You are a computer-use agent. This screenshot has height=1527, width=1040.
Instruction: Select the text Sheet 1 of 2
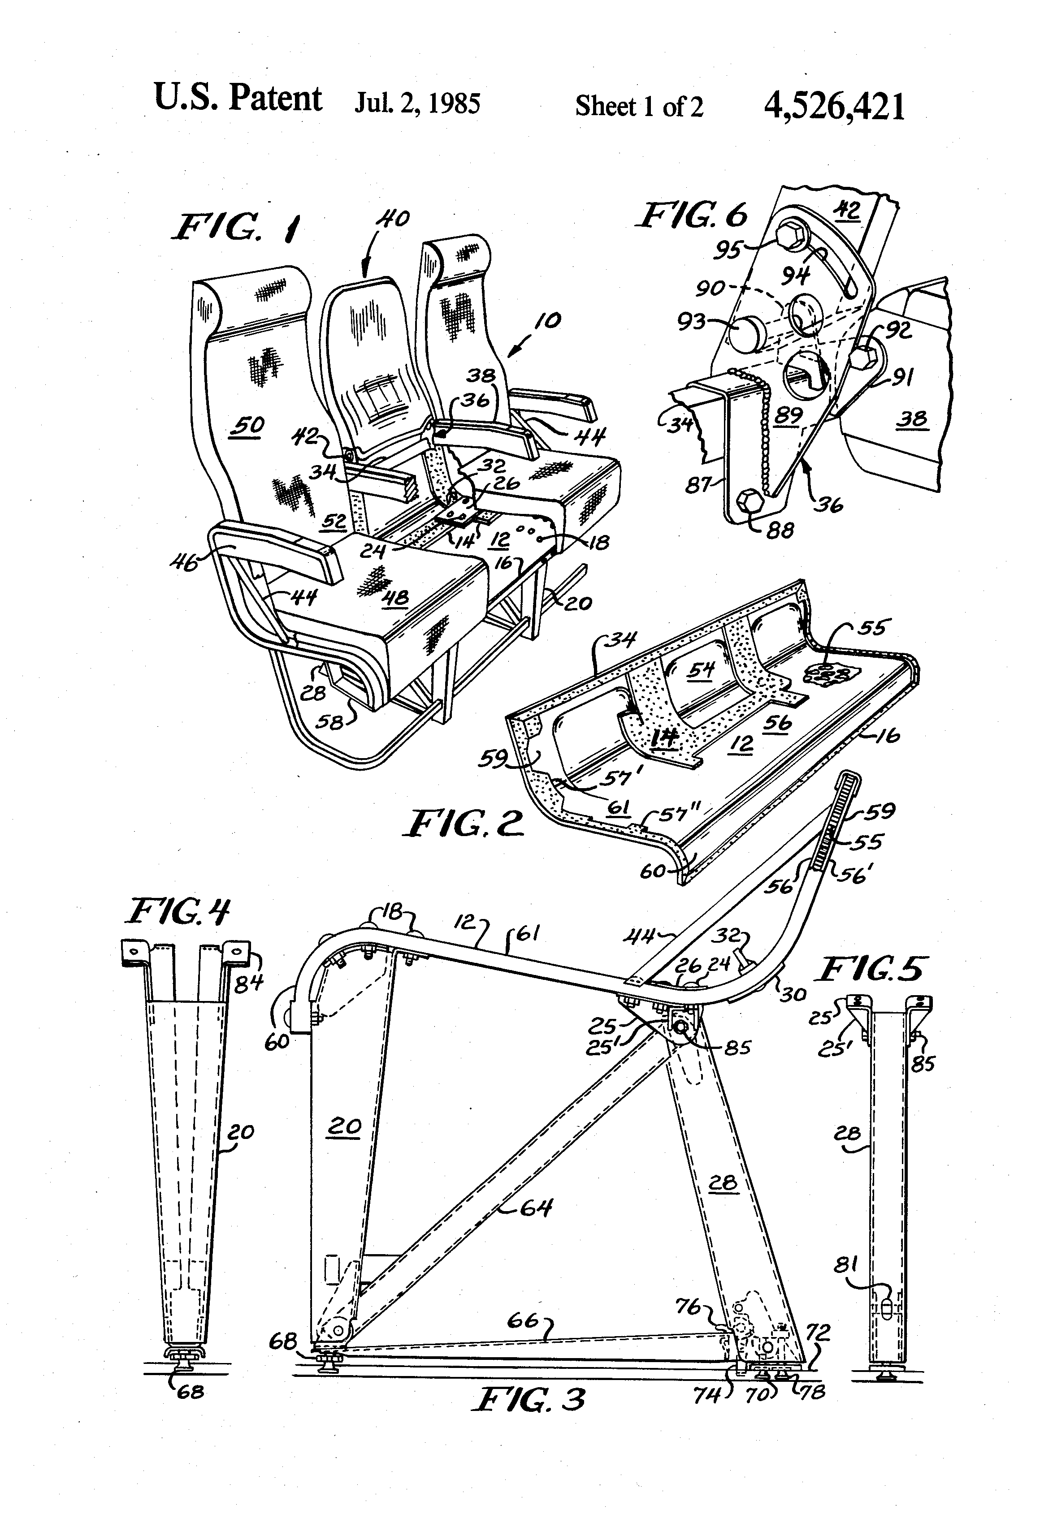click(638, 106)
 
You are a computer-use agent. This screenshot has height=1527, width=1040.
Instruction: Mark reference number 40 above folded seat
click(393, 218)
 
